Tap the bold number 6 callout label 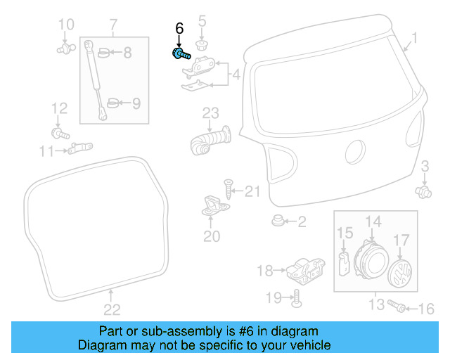(x=179, y=29)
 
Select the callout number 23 (x=211, y=112)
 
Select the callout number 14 (x=373, y=221)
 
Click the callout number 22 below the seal (x=112, y=309)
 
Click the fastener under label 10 (x=65, y=49)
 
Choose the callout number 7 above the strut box (x=113, y=27)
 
